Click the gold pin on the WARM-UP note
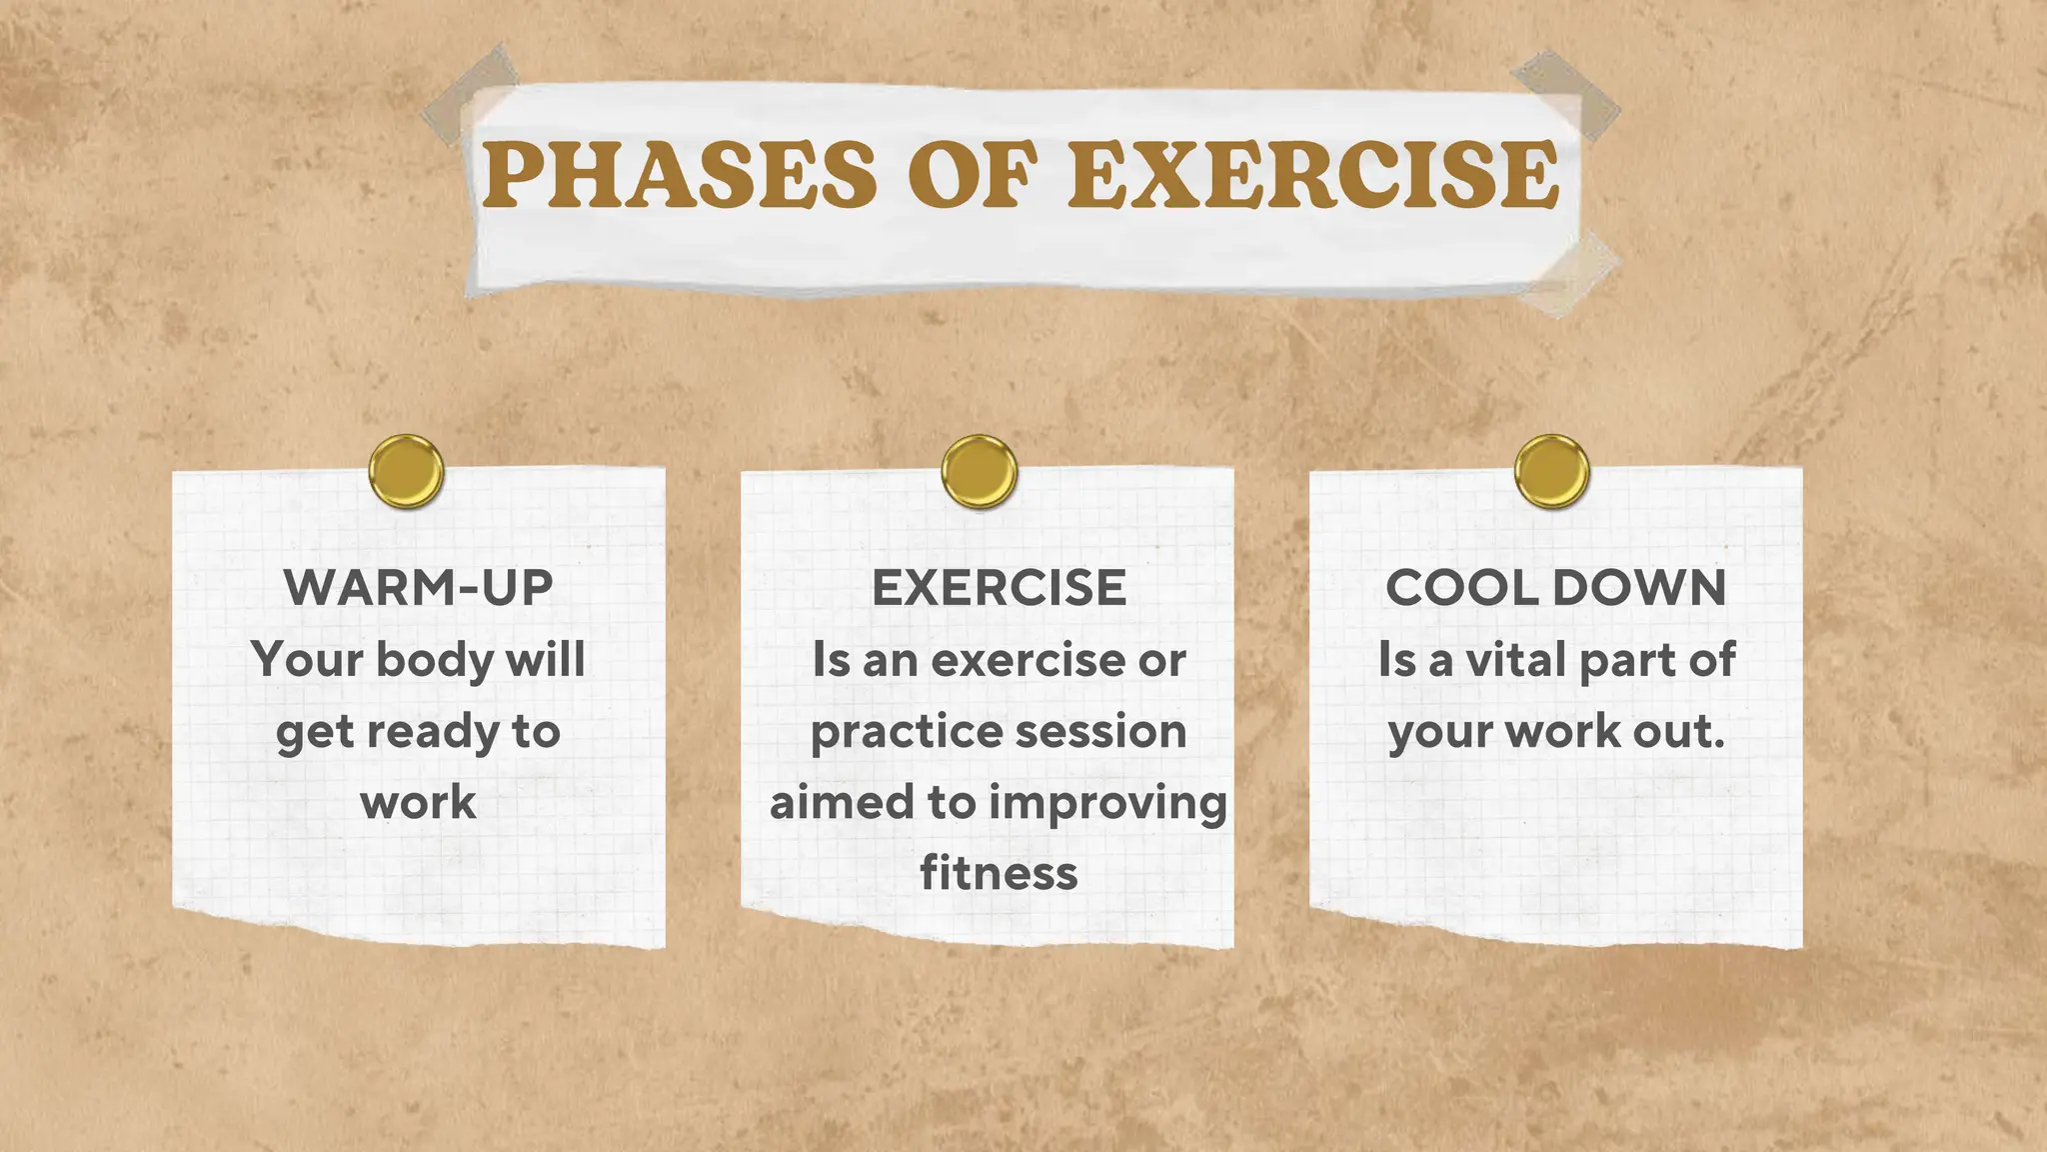(x=406, y=471)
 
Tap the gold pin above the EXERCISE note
(x=979, y=471)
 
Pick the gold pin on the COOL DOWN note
(x=1551, y=471)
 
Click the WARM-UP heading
(x=418, y=587)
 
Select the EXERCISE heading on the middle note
(x=999, y=587)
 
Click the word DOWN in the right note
(x=1640, y=587)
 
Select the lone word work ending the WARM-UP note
(x=418, y=803)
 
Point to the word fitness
(x=999, y=873)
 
